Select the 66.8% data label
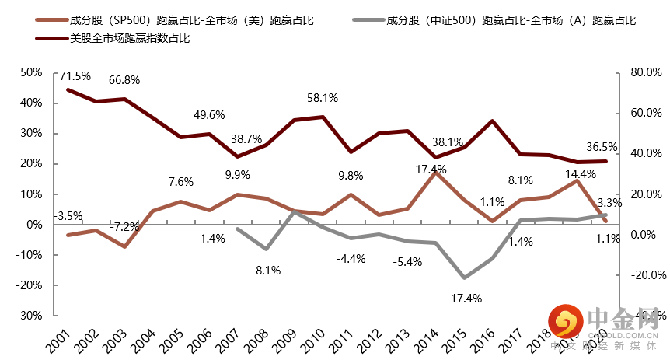click(124, 81)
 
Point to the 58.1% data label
click(323, 99)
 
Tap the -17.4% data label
click(464, 298)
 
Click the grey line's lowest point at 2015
click(464, 278)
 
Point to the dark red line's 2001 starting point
click(68, 89)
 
